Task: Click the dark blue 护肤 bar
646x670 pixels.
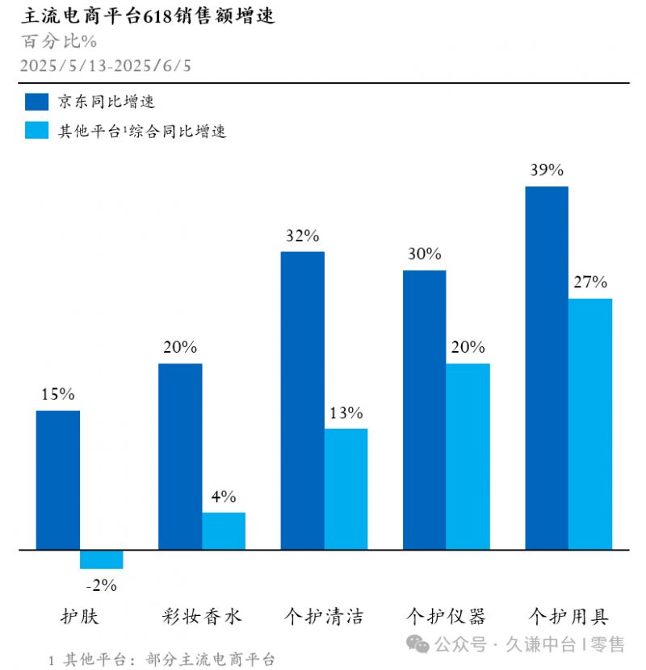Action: point(58,480)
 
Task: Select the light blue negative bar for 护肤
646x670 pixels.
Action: point(101,559)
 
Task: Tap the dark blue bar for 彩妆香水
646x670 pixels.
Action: point(180,457)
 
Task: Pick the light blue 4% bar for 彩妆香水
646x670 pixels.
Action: point(224,531)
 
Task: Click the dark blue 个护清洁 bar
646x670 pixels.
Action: point(303,401)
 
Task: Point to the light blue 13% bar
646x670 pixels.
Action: point(346,489)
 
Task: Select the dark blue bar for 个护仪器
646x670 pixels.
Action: point(425,410)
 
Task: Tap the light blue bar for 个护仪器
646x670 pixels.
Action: point(468,457)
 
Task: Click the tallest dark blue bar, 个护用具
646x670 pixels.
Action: point(547,368)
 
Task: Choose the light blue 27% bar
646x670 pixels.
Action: point(590,425)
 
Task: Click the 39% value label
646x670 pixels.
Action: point(547,170)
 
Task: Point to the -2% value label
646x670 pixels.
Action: point(101,585)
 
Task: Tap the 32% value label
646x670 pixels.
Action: point(303,236)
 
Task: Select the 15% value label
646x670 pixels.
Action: point(58,395)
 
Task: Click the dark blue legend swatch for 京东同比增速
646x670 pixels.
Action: point(37,102)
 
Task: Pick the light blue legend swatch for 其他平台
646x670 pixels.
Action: point(37,130)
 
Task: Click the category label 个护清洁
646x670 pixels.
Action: point(324,618)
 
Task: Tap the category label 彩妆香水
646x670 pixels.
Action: point(202,618)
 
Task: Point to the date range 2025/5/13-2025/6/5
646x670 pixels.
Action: point(106,66)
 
